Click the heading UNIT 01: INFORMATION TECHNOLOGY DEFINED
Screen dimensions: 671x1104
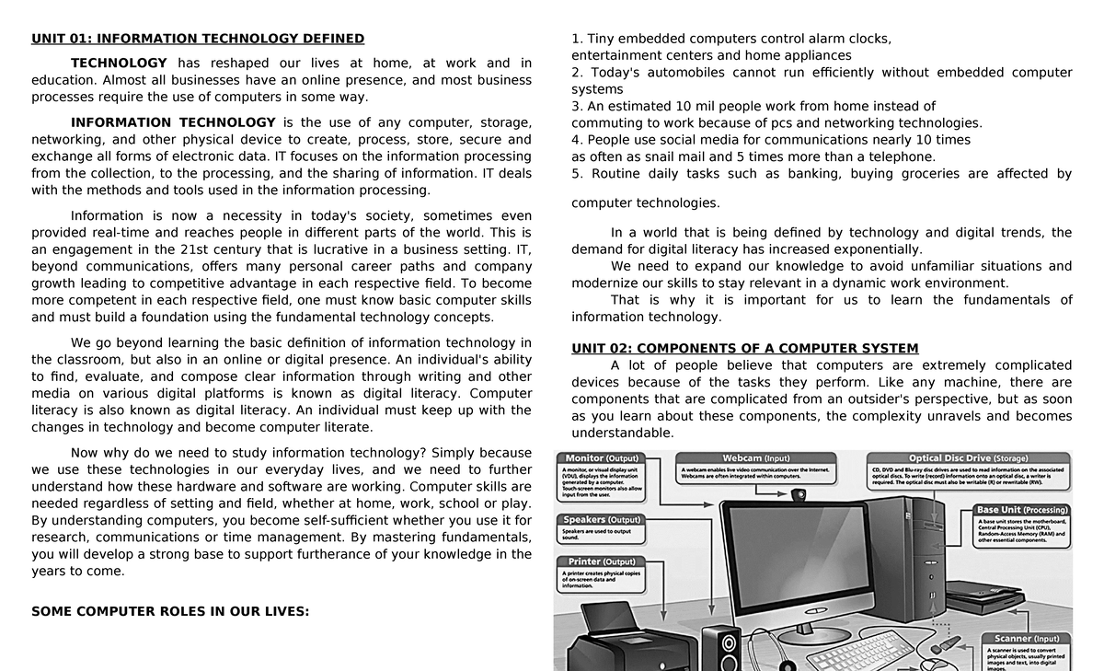pos(198,39)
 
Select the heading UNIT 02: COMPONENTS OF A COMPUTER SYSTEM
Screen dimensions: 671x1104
pos(744,349)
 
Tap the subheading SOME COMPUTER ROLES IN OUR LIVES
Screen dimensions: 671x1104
pos(170,611)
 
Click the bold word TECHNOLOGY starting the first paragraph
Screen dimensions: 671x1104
pos(119,64)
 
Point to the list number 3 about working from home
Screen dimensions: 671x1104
pos(577,106)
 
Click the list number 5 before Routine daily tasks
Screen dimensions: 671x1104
pos(577,174)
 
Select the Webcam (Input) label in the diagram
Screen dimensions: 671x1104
pos(755,458)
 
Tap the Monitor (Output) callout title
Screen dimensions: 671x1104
pos(602,458)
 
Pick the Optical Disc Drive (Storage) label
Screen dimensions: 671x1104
pos(968,458)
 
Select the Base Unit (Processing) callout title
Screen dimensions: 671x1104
pos(1022,510)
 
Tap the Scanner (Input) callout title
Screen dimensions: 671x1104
pos(1026,638)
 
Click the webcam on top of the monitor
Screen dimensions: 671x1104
pos(799,495)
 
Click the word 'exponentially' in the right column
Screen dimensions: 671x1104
pos(873,249)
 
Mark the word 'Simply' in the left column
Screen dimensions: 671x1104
pos(454,453)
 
